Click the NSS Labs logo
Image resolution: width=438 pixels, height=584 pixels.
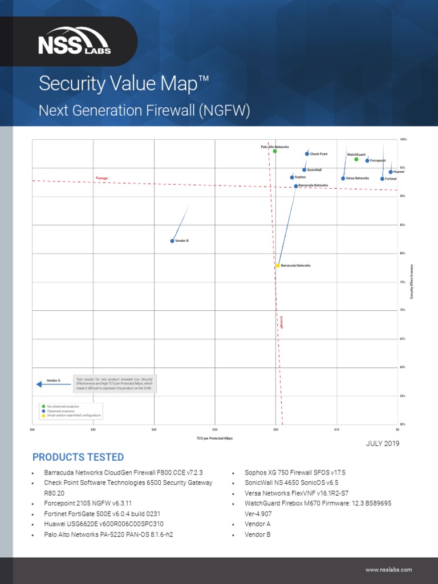(74, 42)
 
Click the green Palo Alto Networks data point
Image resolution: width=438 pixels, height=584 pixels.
(275, 151)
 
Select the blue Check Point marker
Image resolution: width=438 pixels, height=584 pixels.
(307, 154)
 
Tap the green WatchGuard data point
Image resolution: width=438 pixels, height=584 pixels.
(356, 159)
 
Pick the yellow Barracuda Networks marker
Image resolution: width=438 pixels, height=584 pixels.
(278, 266)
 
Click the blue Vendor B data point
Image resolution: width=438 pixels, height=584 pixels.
(172, 241)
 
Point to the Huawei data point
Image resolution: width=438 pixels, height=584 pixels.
(391, 172)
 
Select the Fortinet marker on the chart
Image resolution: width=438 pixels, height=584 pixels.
(382, 179)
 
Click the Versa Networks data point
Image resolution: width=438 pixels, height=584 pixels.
(343, 179)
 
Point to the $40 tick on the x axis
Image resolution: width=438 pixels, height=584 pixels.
(154, 429)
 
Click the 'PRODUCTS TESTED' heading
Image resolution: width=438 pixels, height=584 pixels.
(78, 457)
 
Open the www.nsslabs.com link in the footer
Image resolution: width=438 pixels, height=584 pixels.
(388, 570)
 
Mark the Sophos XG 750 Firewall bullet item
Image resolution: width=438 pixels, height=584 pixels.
(295, 473)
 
